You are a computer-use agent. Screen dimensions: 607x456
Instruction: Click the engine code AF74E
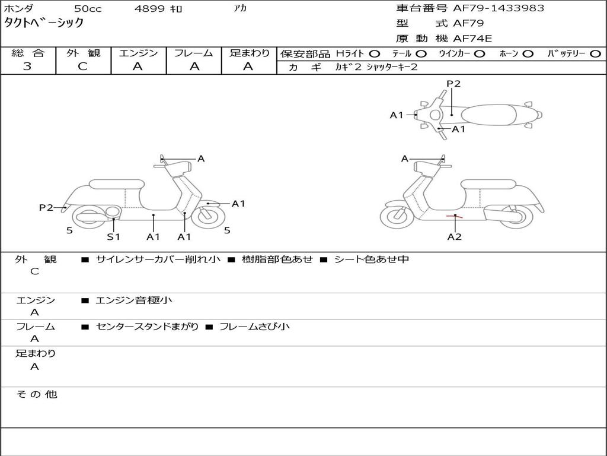tap(472, 39)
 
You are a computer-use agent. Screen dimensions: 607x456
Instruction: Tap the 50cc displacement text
tap(88, 9)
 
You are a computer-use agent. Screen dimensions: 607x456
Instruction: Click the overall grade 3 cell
tap(28, 66)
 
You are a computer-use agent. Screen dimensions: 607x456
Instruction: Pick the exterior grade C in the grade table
tap(83, 66)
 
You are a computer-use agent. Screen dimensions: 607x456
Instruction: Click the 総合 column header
tap(28, 53)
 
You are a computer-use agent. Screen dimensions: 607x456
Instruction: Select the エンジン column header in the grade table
tap(139, 53)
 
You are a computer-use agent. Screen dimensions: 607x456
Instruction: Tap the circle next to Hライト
tap(375, 53)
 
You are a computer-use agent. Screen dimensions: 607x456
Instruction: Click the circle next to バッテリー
tap(596, 53)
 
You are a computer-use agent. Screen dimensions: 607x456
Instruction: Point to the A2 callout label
tap(454, 237)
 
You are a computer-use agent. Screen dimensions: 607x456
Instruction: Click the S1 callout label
tap(113, 237)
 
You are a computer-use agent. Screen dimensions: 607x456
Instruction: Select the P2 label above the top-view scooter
tap(453, 84)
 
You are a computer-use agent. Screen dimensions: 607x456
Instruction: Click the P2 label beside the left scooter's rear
tap(46, 207)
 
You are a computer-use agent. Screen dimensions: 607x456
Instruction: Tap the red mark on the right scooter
tap(455, 216)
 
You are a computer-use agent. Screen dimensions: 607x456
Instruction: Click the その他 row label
tap(36, 394)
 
